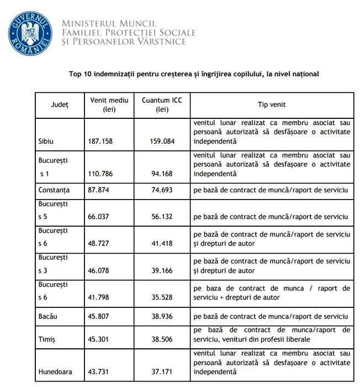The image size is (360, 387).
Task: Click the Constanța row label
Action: pyautogui.click(x=54, y=190)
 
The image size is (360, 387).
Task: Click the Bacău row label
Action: pyautogui.click(x=48, y=317)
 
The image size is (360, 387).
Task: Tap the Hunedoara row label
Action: pyautogui.click(x=55, y=372)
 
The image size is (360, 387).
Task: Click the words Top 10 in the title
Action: pyautogui.click(x=81, y=74)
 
